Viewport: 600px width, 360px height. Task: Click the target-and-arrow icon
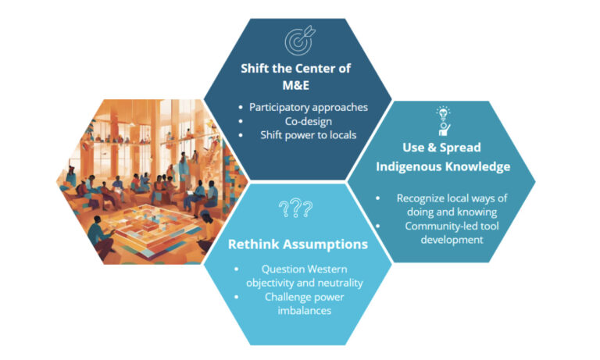pyautogui.click(x=300, y=40)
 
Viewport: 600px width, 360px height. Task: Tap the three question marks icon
pyautogui.click(x=295, y=209)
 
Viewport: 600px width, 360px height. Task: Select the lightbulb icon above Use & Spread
pyautogui.click(x=443, y=121)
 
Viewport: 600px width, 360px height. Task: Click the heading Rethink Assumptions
pyautogui.click(x=298, y=244)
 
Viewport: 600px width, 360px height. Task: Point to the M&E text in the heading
pyautogui.click(x=296, y=85)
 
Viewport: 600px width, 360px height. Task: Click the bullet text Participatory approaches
pyautogui.click(x=309, y=107)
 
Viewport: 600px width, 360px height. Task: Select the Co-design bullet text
pyautogui.click(x=309, y=121)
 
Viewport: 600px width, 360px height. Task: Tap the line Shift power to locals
pyautogui.click(x=309, y=135)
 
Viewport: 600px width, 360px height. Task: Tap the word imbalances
pyautogui.click(x=305, y=310)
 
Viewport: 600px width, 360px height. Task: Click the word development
pyautogui.click(x=452, y=240)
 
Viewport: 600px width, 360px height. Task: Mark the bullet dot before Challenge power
pyautogui.click(x=237, y=297)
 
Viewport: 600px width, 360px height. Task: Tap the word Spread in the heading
pyautogui.click(x=460, y=148)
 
